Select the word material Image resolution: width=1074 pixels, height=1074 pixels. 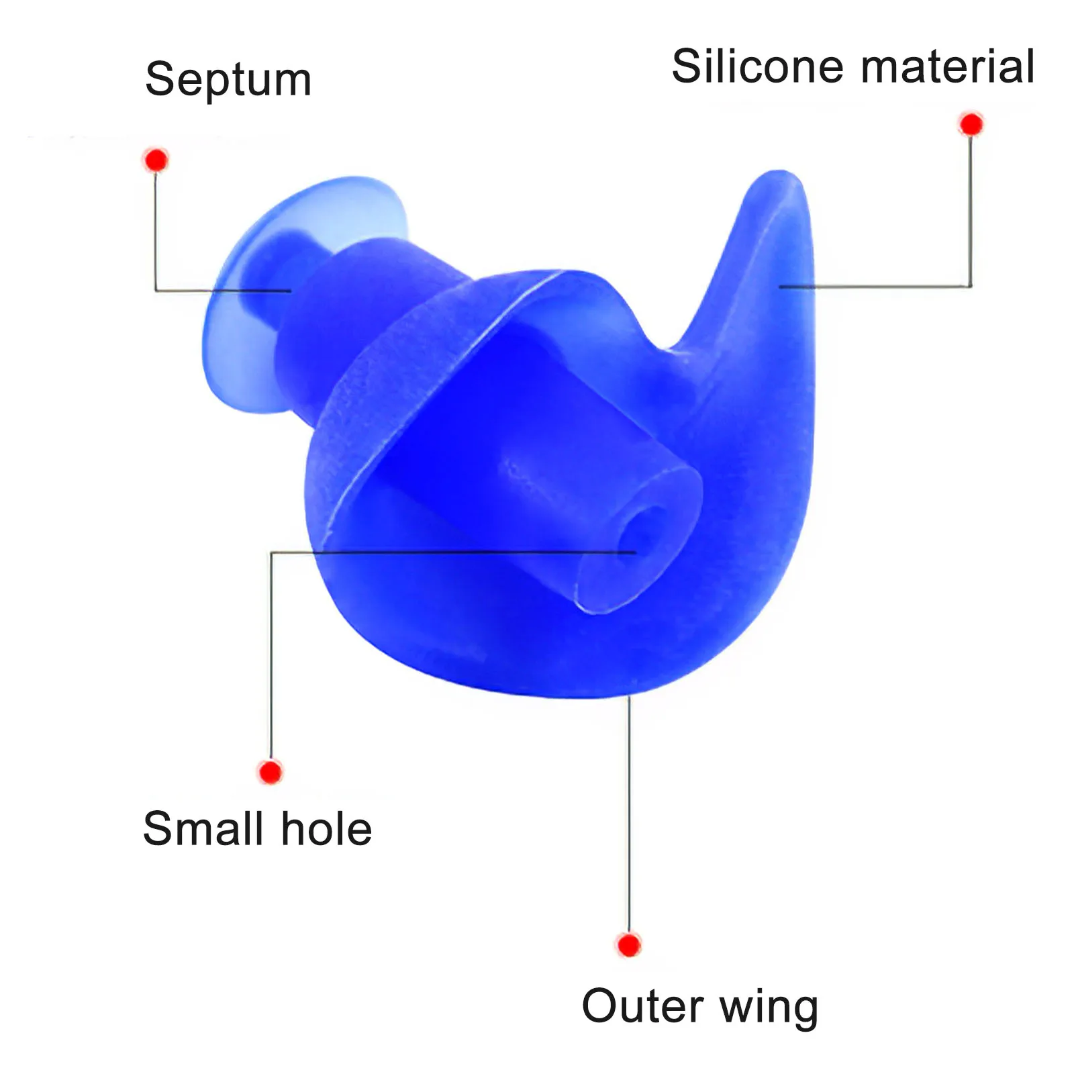[x=948, y=66]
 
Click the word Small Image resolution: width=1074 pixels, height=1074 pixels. [x=203, y=829]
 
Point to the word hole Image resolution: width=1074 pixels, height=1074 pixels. [x=326, y=829]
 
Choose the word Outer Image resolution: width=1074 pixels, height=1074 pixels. [x=642, y=1006]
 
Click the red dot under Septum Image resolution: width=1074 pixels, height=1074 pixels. [x=156, y=160]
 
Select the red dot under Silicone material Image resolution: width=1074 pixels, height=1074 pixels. [x=971, y=124]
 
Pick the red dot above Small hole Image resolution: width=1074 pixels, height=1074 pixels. [x=271, y=772]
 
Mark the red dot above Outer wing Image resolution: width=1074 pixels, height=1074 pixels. [x=629, y=945]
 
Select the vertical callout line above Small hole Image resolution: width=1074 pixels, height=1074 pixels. [x=271, y=658]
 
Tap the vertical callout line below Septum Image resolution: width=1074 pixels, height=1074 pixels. [x=156, y=228]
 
